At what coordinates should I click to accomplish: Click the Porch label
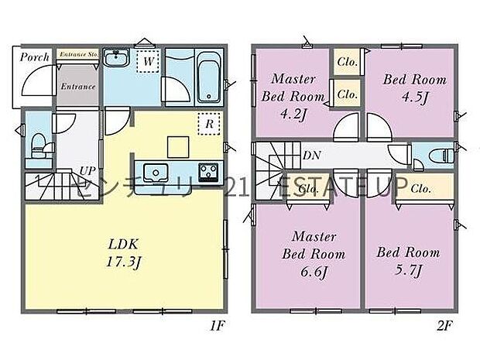pyautogui.click(x=35, y=57)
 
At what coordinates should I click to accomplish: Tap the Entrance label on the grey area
pyautogui.click(x=77, y=87)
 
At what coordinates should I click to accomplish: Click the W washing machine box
pyautogui.click(x=146, y=60)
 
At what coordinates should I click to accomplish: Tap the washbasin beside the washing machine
pyautogui.click(x=118, y=59)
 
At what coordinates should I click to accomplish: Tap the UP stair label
pyautogui.click(x=87, y=170)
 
